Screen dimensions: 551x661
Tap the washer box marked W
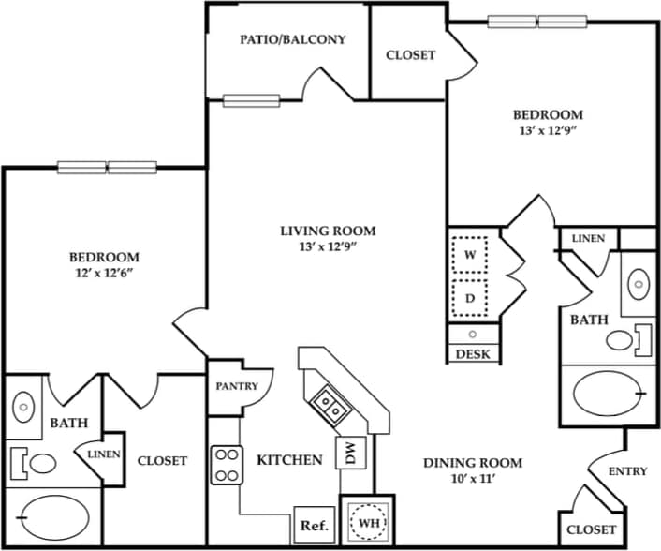pyautogui.click(x=470, y=254)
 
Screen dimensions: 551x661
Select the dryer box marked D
pyautogui.click(x=470, y=298)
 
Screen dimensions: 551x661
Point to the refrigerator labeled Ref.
pyautogui.click(x=313, y=526)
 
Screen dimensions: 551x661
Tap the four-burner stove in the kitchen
pyautogui.click(x=226, y=463)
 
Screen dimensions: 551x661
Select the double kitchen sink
pyautogui.click(x=327, y=404)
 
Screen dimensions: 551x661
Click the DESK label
pyautogui.click(x=473, y=354)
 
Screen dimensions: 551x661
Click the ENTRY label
pyautogui.click(x=627, y=471)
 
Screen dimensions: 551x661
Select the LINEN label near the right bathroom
pyautogui.click(x=588, y=238)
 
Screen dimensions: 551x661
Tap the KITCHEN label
pyautogui.click(x=289, y=459)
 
